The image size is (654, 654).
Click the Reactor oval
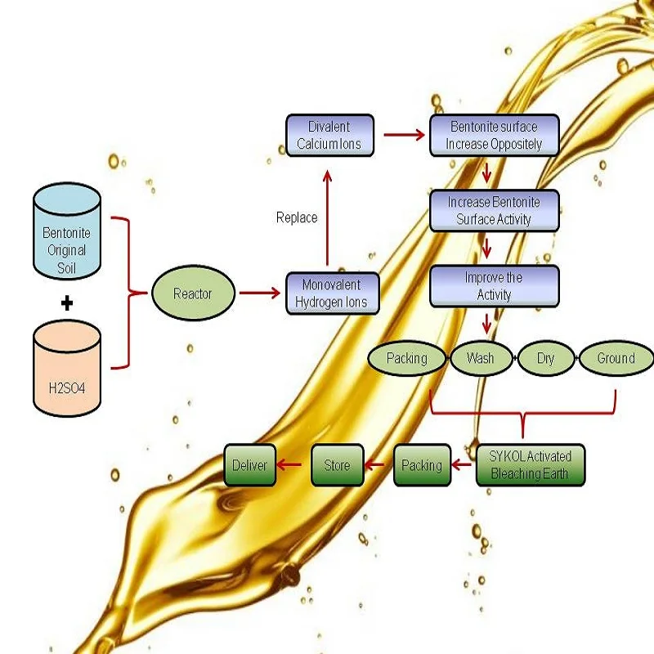193,293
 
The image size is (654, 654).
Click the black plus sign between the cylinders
67,303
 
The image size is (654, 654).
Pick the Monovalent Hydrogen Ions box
332,293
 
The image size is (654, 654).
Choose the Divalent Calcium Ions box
329,136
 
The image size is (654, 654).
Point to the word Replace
297,217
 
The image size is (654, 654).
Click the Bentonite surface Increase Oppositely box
494,136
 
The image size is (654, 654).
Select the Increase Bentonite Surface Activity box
494,210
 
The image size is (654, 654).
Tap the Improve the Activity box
494,286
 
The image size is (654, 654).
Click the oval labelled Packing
407,358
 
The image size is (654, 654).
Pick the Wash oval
480,358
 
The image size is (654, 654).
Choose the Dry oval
546,358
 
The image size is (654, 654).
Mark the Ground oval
616,358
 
